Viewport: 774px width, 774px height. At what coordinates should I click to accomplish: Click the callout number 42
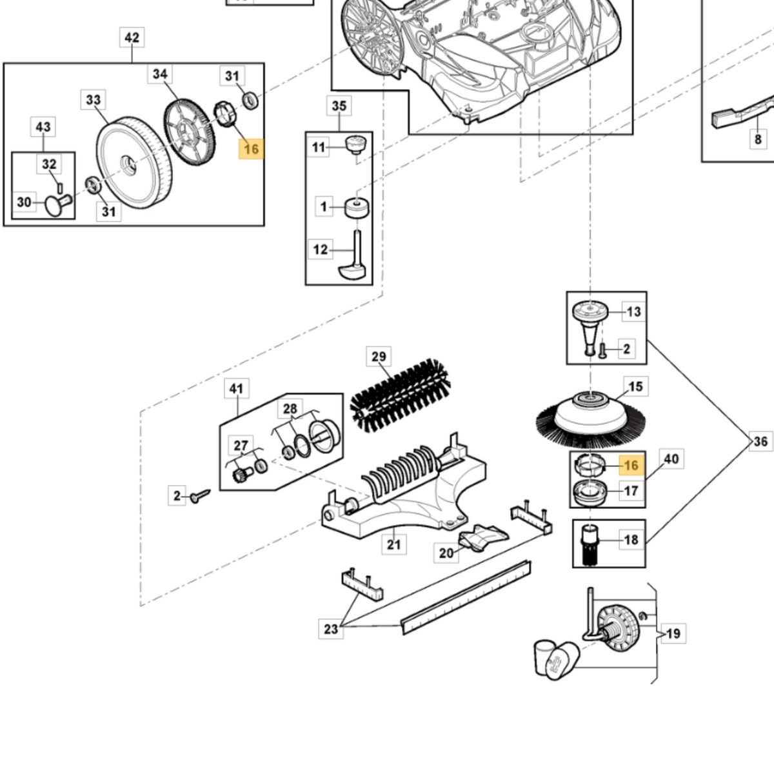coord(132,38)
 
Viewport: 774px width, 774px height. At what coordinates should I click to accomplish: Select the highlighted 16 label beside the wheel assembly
coord(251,149)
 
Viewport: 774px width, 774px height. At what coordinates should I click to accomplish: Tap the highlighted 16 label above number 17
coord(631,466)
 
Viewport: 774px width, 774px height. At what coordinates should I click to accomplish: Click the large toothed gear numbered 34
coord(189,132)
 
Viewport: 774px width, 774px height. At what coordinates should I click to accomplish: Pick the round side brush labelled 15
coord(591,420)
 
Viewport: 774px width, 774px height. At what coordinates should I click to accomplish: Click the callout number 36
coord(760,441)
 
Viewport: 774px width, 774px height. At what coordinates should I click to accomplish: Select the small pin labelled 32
coord(60,188)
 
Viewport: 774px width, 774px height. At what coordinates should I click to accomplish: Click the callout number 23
coord(331,629)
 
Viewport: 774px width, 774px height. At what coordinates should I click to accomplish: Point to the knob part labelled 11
coord(356,144)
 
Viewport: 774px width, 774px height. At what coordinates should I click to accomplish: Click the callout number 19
coord(673,634)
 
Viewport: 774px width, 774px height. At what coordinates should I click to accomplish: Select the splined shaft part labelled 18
coord(590,544)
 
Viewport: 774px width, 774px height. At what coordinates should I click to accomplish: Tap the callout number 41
coord(236,388)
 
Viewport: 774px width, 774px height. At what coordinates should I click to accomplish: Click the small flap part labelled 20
coord(484,537)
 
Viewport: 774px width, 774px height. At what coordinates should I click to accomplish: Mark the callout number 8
coord(758,139)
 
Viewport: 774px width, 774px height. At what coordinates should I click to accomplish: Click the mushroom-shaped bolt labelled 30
coord(58,204)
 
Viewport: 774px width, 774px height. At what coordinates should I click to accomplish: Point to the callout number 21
coord(393,544)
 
